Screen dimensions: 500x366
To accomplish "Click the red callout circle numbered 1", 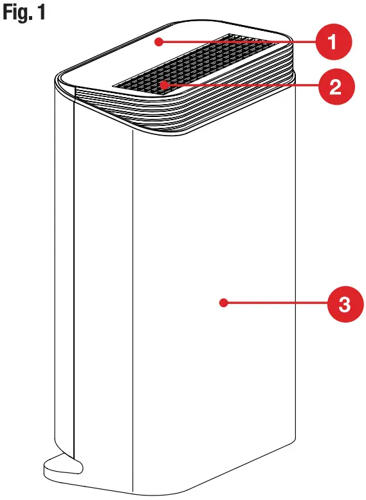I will click(332, 43).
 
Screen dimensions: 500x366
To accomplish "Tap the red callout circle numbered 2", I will click(334, 85).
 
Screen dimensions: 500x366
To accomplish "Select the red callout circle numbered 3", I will click(343, 302).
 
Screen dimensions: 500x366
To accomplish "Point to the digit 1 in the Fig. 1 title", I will click(41, 13).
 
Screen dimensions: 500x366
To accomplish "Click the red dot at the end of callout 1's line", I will click(158, 42).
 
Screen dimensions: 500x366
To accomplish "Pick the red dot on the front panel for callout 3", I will click(222, 302).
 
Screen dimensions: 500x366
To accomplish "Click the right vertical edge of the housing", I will click(296, 289).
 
